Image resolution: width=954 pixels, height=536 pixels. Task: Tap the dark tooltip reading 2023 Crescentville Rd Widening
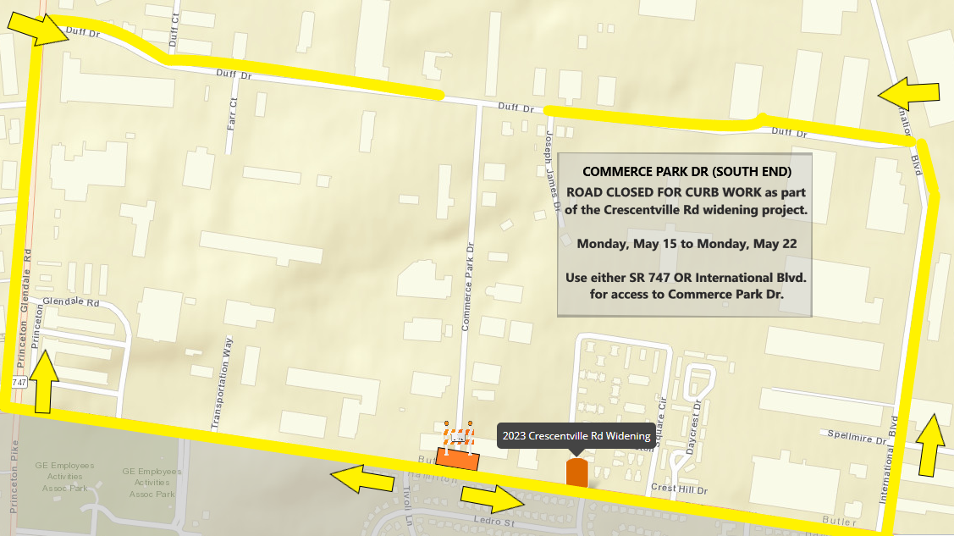pos(576,436)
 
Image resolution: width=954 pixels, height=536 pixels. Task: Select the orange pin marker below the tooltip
pos(576,472)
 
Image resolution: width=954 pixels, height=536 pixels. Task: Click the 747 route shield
pos(19,384)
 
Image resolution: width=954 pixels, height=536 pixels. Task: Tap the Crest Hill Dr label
pos(679,490)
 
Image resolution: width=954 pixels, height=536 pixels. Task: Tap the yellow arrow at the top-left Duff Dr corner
pos(38,29)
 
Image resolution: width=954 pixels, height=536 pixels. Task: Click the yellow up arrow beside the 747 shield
pos(46,383)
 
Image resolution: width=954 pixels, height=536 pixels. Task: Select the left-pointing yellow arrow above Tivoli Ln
pos(361,479)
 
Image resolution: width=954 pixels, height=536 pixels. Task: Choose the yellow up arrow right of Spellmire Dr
pos(931,445)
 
